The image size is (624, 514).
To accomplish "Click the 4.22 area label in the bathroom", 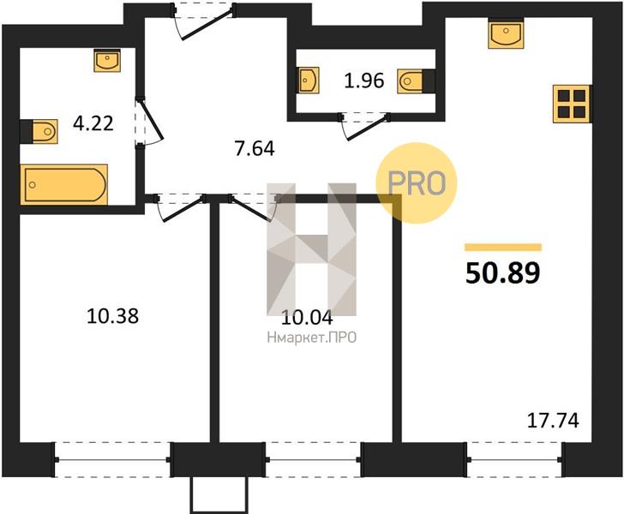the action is click(x=93, y=123).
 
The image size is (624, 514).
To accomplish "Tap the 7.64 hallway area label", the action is click(x=255, y=149).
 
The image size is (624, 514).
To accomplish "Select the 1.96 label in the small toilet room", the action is click(x=363, y=81).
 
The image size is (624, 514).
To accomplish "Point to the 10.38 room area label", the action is click(x=112, y=317).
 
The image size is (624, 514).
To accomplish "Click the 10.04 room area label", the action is click(x=307, y=318).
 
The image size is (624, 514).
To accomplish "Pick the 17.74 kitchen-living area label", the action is click(x=553, y=421).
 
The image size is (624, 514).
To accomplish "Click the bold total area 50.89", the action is click(x=503, y=273).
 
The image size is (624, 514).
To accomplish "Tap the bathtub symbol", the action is click(x=64, y=184).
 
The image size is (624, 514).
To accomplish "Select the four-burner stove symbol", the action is click(x=572, y=104).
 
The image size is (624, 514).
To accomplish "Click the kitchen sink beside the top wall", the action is click(x=506, y=34).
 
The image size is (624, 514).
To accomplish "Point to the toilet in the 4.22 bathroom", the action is click(x=39, y=131).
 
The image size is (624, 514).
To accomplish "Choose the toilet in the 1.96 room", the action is click(x=416, y=81).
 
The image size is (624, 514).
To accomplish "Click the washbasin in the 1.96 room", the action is click(x=309, y=80).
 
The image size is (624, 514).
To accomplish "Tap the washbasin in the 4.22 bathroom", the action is click(x=107, y=61).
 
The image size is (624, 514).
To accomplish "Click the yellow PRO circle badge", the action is click(x=417, y=182).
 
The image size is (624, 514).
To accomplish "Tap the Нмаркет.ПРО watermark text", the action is click(x=312, y=338).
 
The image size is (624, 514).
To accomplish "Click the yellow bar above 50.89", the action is click(x=503, y=248).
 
